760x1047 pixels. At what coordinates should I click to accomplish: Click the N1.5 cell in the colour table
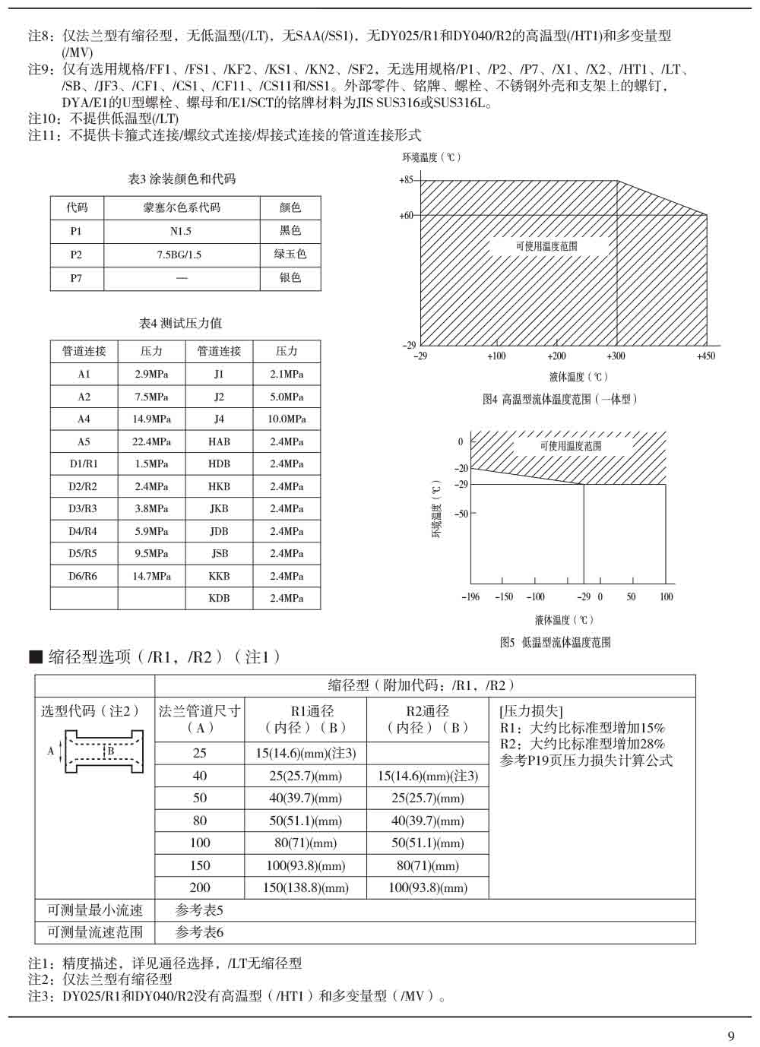coord(181,231)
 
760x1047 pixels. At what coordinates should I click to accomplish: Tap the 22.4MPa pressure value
coord(152,441)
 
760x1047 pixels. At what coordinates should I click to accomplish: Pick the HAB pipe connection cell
coord(219,441)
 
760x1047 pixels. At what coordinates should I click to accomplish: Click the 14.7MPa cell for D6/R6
coord(152,576)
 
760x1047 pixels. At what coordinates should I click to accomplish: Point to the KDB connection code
coord(219,598)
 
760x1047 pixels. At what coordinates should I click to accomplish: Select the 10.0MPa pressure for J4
coord(287,419)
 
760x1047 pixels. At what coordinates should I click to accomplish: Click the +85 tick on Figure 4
coord(406,180)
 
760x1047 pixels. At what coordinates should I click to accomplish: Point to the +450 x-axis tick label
coord(706,356)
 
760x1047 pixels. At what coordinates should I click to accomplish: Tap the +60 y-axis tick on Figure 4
coord(406,215)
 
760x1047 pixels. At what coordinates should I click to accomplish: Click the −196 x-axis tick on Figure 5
coord(470,596)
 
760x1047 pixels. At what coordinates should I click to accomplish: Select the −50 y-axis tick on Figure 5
coord(461,514)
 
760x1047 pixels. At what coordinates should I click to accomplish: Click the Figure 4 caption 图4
coord(560,399)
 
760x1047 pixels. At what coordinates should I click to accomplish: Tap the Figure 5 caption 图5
coord(555,642)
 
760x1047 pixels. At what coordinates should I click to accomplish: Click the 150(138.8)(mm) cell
coord(306,887)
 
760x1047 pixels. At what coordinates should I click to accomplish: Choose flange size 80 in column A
coord(200,821)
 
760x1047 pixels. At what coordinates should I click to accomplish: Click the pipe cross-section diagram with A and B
coord(94,751)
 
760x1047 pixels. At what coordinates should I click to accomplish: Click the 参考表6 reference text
coord(199,932)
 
